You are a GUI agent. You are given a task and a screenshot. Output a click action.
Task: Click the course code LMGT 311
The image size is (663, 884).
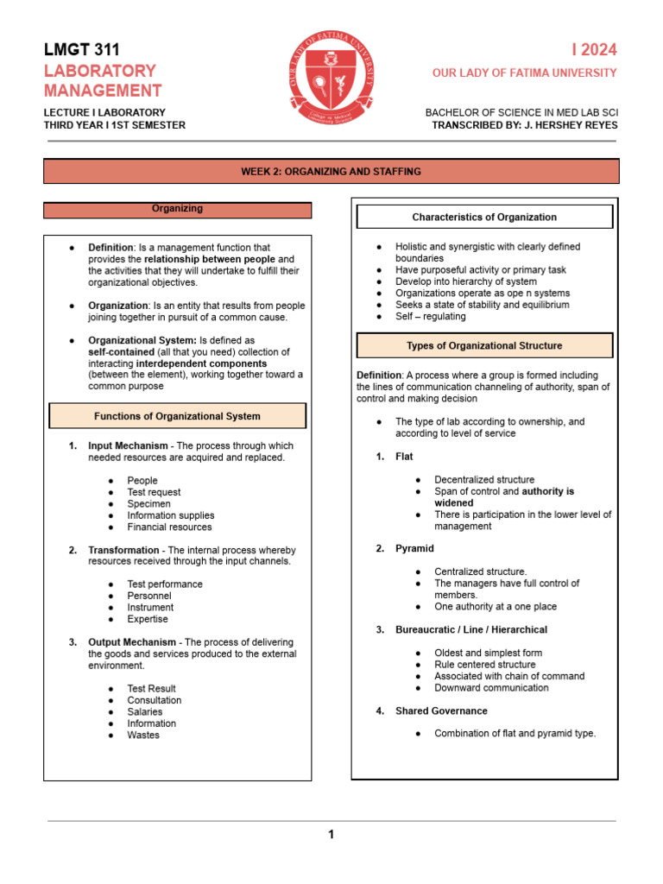82,50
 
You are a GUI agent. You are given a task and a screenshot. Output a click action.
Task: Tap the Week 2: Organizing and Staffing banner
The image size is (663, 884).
331,172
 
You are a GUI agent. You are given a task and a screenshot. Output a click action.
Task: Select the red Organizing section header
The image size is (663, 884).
177,209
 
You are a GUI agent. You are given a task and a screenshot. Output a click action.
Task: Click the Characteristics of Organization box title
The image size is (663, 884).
484,217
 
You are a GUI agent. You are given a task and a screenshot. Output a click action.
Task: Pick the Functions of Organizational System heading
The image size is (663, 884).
177,416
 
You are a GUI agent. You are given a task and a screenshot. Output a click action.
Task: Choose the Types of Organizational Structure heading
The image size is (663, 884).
484,345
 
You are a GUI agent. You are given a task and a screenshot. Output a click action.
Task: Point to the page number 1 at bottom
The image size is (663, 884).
330,834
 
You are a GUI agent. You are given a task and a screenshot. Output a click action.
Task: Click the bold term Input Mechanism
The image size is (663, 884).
129,446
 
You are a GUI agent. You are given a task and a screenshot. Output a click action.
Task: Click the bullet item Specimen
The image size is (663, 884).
148,503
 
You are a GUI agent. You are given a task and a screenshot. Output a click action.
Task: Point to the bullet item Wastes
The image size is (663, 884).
143,736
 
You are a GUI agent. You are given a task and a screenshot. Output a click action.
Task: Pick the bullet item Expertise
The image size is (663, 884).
148,619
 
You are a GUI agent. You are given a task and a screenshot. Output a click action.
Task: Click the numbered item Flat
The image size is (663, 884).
404,457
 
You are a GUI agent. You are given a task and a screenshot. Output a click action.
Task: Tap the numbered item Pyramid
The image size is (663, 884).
414,549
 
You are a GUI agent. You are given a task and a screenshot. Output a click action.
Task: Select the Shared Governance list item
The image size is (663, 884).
441,711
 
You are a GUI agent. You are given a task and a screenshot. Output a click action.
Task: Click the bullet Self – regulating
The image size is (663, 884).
430,316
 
